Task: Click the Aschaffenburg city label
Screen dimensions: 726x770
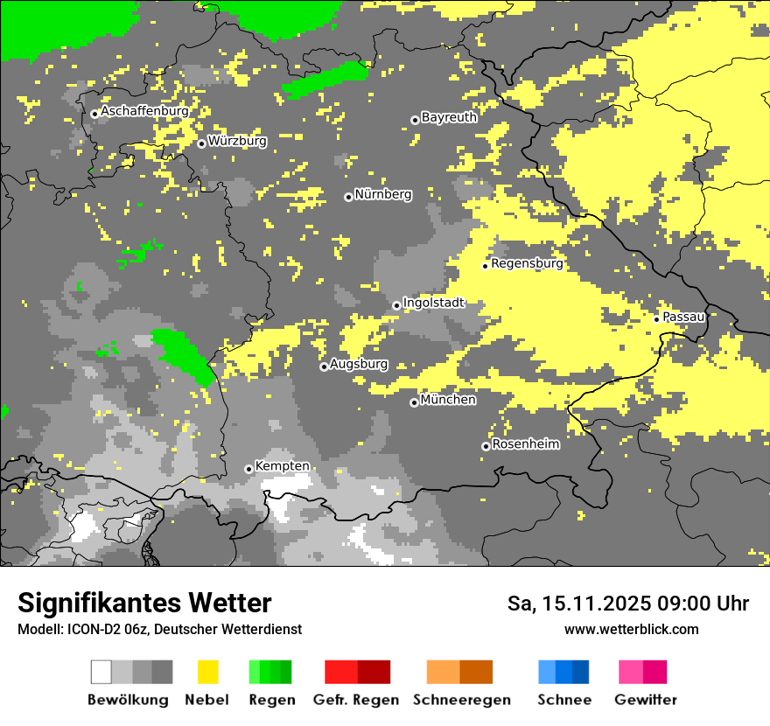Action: coord(144,112)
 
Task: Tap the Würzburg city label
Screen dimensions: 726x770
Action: coord(237,141)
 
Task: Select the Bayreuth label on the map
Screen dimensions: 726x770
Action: coord(449,117)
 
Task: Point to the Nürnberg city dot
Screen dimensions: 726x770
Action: coord(348,197)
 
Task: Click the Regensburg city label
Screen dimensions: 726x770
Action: coord(527,263)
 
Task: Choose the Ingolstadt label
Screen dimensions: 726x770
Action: coord(434,303)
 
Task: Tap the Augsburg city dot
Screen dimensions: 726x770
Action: coord(324,366)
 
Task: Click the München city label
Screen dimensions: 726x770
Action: coord(448,400)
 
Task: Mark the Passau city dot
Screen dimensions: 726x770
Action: coord(656,318)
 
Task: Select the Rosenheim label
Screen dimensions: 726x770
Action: coord(526,444)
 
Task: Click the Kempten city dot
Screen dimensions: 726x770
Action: coord(248,469)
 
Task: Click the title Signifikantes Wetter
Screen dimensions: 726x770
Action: coord(144,604)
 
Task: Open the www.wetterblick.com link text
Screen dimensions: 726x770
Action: coord(631,629)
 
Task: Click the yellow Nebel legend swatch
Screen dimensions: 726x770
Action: coord(207,672)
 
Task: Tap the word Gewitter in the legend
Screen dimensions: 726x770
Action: coord(646,700)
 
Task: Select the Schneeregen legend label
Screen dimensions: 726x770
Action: coord(462,700)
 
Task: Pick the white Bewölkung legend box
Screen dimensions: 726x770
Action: coord(101,672)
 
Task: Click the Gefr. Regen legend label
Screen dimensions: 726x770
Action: coord(356,700)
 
